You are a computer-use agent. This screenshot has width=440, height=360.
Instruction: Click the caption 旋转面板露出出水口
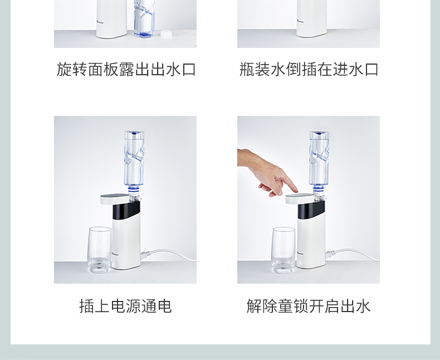(x=126, y=69)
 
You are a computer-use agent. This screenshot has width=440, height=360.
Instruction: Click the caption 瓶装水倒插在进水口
(x=309, y=69)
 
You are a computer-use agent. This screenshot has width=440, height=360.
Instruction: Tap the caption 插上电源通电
(x=125, y=306)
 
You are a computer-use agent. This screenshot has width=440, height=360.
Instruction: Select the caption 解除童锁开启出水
(x=309, y=306)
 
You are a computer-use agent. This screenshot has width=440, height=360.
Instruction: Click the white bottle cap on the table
(x=166, y=33)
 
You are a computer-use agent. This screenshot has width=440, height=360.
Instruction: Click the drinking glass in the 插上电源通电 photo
(x=100, y=250)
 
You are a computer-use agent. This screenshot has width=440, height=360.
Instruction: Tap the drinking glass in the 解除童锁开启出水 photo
(x=283, y=250)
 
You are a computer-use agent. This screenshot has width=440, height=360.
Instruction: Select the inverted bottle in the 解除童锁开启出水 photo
(x=319, y=162)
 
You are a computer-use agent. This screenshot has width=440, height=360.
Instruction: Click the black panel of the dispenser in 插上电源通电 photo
(x=126, y=210)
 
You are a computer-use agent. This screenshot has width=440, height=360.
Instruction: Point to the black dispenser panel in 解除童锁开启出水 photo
(x=311, y=210)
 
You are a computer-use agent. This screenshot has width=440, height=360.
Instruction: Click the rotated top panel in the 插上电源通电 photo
(x=115, y=199)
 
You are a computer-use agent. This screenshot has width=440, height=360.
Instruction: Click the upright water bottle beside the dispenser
(x=144, y=18)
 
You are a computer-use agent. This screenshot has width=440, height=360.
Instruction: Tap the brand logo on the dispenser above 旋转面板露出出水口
(x=100, y=21)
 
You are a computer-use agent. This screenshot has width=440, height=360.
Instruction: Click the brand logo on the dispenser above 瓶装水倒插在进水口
(x=301, y=21)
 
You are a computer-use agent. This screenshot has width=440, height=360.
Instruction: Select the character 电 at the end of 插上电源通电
(x=164, y=306)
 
